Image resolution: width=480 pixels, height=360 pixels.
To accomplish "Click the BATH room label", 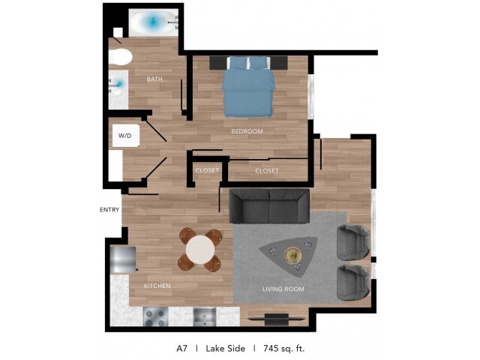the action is click(154, 79).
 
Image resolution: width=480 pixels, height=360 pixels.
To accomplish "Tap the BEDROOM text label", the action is click(247, 131).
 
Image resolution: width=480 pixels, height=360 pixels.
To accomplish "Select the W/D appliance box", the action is click(126, 135).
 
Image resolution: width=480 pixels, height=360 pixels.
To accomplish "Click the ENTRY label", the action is click(109, 210).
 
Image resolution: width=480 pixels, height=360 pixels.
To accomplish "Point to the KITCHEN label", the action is click(157, 286).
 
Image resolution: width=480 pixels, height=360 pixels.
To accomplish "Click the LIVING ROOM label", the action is click(283, 289).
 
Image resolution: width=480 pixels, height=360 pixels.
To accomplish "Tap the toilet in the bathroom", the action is click(120, 57).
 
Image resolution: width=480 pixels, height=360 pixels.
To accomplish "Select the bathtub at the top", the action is click(153, 22).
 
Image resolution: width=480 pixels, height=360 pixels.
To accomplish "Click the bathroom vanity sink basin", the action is click(118, 83).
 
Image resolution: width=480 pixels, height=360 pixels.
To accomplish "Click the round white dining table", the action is click(200, 250).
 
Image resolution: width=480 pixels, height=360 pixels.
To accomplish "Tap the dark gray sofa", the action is click(269, 206).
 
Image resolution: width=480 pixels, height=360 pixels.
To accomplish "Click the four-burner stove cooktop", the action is click(156, 316).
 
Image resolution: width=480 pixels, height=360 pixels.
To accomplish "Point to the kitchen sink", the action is click(205, 316).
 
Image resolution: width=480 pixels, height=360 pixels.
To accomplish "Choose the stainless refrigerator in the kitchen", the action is click(123, 260).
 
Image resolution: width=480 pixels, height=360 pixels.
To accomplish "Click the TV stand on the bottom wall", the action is click(276, 319).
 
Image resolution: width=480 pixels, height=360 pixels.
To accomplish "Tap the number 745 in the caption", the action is click(271, 348).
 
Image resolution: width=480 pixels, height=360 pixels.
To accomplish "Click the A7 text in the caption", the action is click(181, 348).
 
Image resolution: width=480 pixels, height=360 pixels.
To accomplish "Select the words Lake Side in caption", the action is click(225, 348).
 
